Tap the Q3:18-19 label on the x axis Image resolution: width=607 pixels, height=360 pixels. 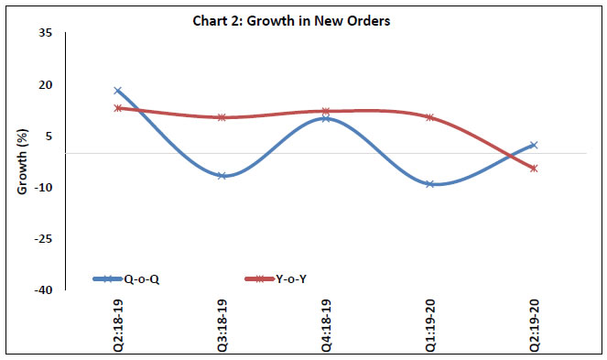222,323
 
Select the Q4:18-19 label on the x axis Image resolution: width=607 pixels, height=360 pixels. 326,323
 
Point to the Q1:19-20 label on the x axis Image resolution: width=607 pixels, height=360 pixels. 430,323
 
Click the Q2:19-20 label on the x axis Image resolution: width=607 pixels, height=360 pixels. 534,323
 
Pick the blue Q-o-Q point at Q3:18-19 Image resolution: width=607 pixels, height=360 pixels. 222,175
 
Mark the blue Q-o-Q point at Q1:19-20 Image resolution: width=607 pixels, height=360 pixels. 430,184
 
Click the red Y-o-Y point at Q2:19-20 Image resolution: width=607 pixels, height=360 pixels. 534,168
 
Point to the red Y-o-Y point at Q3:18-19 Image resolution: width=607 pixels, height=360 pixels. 222,117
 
